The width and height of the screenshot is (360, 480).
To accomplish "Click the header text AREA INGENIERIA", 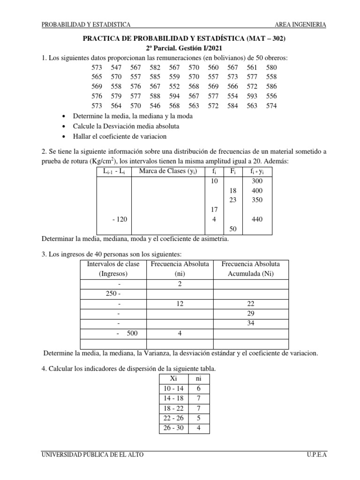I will (x=300, y=25).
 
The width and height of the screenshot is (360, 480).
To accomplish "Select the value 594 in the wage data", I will (x=174, y=96).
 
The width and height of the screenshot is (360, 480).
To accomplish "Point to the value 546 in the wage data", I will (x=155, y=106).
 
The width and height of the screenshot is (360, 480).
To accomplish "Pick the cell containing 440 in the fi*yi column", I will (x=257, y=219).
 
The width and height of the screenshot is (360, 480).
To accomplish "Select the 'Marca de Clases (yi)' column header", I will (x=167, y=171).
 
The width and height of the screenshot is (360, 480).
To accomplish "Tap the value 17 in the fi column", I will (x=214, y=210).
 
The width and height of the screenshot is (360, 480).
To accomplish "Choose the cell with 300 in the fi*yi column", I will (x=257, y=180).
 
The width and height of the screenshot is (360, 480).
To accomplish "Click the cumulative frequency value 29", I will (x=250, y=313).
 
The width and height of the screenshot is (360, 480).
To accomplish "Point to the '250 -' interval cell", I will (x=112, y=293).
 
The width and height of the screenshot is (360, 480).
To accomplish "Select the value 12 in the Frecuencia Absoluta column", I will (x=180, y=303).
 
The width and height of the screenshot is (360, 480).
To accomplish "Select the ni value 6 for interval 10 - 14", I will (x=198, y=389).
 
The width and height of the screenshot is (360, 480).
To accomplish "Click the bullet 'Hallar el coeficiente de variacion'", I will (x=120, y=136).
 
